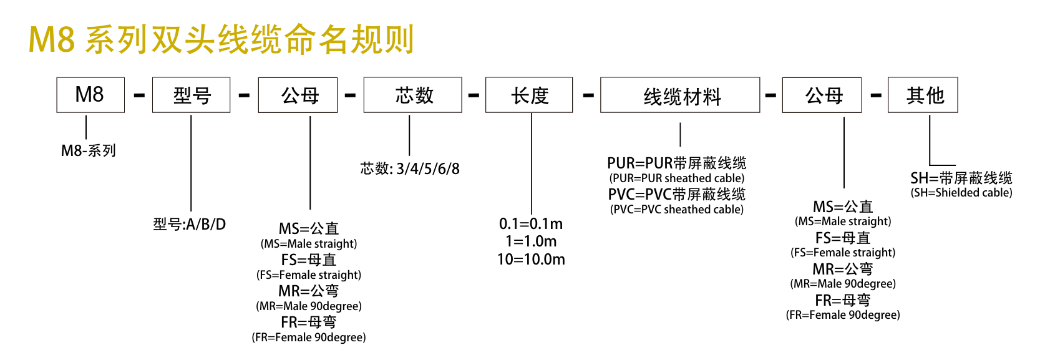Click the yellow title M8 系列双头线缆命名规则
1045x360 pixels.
click(221, 40)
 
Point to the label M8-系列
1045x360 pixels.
click(88, 150)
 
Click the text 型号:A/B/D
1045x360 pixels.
click(190, 225)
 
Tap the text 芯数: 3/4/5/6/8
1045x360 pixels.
click(410, 168)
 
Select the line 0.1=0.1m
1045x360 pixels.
click(531, 224)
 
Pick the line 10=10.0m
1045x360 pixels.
click(531, 260)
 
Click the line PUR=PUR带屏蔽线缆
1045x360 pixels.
click(676, 163)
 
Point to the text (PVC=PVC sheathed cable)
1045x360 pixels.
click(676, 210)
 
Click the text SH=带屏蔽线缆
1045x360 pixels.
click(961, 178)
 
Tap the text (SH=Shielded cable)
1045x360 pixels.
click(961, 193)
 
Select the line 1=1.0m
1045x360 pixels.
click(531, 241)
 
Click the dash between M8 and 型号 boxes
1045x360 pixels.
click(139, 95)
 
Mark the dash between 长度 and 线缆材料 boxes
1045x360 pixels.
click(588, 95)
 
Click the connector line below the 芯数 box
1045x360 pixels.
click(409, 135)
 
